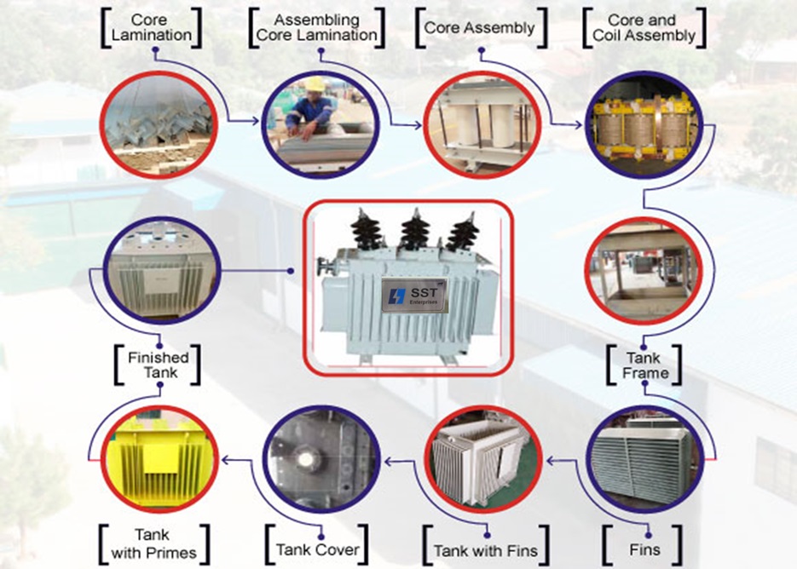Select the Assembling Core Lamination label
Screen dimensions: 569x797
tap(315, 27)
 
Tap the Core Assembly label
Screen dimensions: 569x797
tap(479, 27)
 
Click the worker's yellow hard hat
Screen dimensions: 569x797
tap(315, 84)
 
